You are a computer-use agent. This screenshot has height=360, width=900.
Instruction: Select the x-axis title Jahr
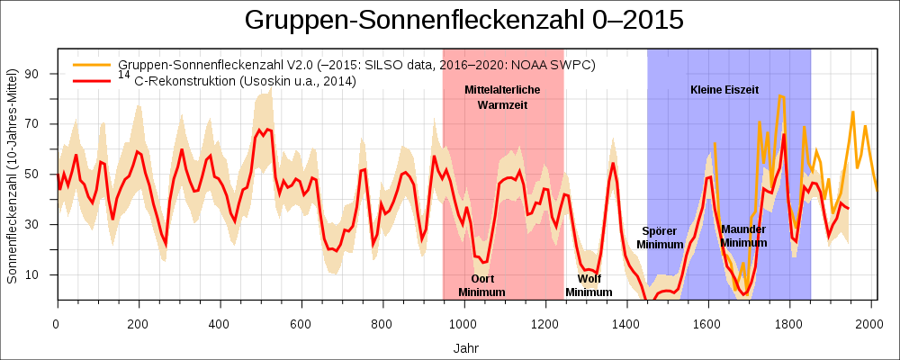coord(466,347)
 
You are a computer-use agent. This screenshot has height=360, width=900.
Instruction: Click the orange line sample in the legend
coord(93,65)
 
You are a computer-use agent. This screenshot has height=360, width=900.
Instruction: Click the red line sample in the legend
coord(93,81)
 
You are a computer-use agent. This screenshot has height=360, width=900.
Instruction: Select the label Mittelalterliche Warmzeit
coord(502,97)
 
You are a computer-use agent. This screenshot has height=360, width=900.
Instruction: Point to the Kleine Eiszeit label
coord(724,90)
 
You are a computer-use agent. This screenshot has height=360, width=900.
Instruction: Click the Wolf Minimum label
coord(589,285)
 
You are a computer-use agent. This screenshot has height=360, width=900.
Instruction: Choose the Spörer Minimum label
coord(660,238)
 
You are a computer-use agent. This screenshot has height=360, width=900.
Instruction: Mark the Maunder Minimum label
coord(743,236)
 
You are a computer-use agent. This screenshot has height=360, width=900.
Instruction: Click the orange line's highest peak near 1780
coord(781,95)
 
